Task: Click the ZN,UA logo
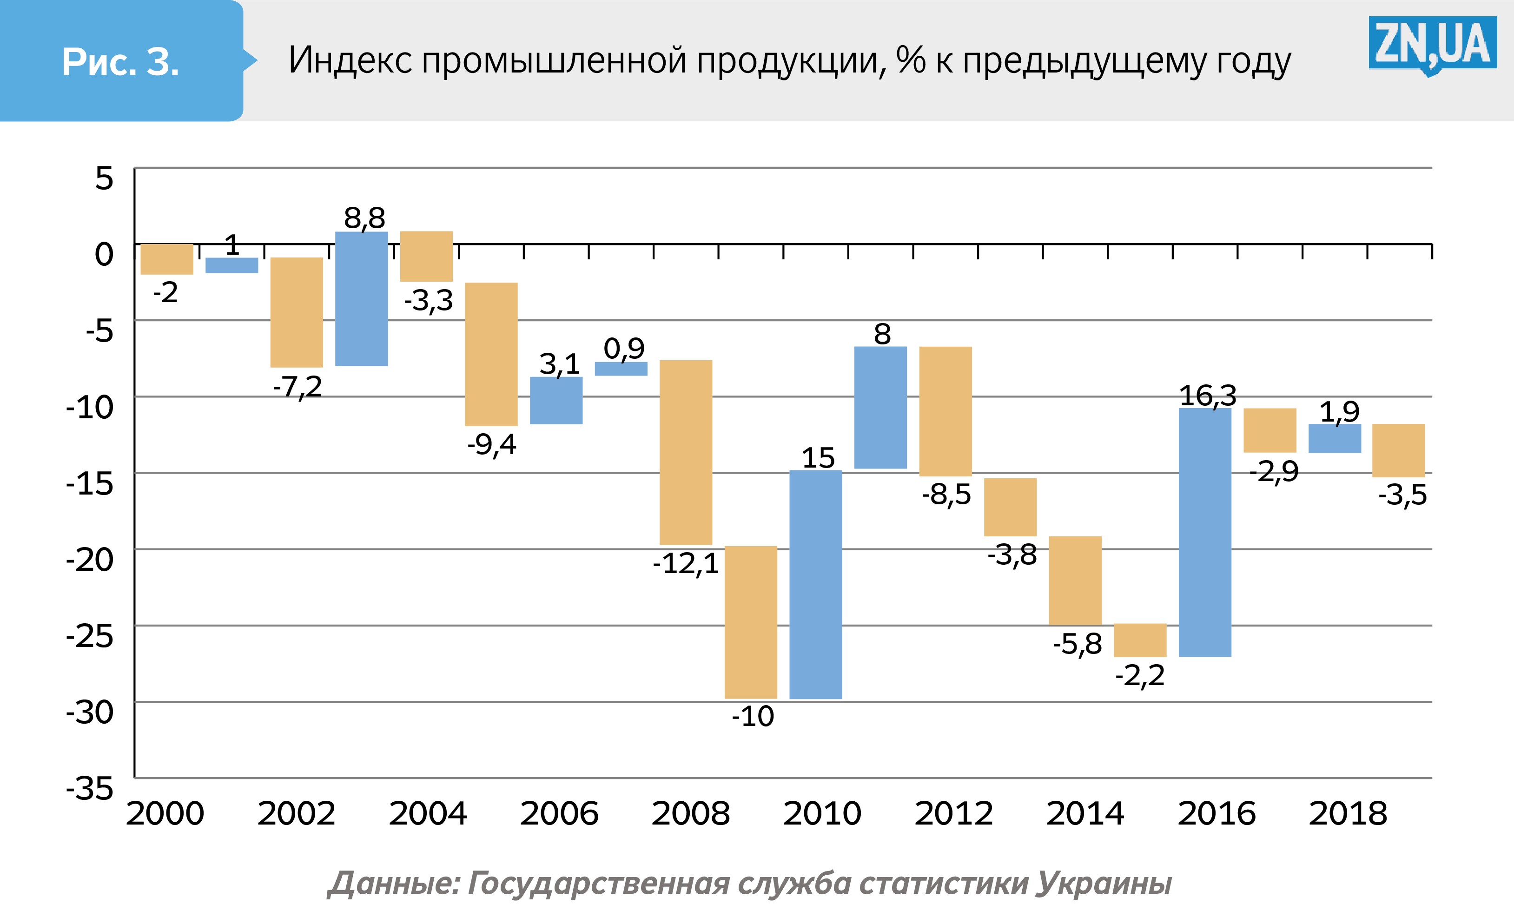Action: (x=1432, y=44)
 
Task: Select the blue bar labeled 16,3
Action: (x=1204, y=532)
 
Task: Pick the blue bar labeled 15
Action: (x=815, y=584)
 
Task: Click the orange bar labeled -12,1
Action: (x=686, y=452)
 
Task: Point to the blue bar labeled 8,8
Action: (x=361, y=298)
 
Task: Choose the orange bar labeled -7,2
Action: (x=297, y=312)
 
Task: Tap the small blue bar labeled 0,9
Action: (x=621, y=369)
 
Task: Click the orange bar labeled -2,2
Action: (x=1140, y=640)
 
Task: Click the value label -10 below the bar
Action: (x=753, y=716)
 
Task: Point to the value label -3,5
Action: (x=1402, y=495)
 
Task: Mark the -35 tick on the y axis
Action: (x=90, y=788)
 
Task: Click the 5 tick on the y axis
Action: (x=104, y=178)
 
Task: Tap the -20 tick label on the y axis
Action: (x=90, y=560)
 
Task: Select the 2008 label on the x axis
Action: (x=691, y=813)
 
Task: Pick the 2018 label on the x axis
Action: (x=1348, y=813)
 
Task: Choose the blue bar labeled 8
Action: (x=880, y=407)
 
